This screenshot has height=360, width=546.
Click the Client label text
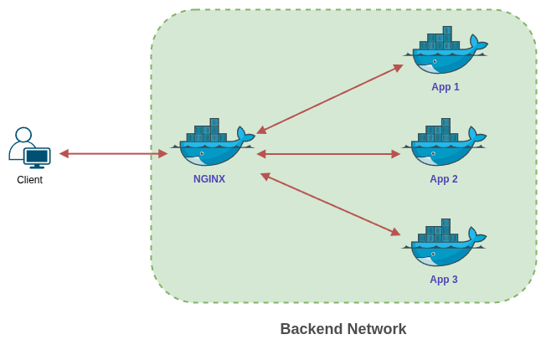(x=29, y=180)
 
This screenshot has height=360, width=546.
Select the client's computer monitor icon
(x=37, y=157)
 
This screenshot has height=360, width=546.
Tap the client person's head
(x=23, y=135)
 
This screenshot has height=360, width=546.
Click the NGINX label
(x=209, y=179)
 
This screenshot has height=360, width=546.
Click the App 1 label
(x=445, y=87)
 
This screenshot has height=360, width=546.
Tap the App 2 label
(x=443, y=179)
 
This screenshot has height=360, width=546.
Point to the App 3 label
(x=443, y=280)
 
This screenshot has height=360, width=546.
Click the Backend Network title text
(x=343, y=329)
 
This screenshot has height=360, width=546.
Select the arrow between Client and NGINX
(x=113, y=154)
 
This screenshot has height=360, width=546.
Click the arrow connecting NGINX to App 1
(x=329, y=100)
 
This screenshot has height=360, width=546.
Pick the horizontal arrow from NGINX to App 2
(x=328, y=154)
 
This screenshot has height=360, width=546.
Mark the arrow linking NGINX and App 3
(x=330, y=204)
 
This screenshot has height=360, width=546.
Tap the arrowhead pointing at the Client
(x=64, y=154)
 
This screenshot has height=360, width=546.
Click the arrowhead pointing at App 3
(x=395, y=232)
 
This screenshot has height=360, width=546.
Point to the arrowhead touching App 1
(x=398, y=68)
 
